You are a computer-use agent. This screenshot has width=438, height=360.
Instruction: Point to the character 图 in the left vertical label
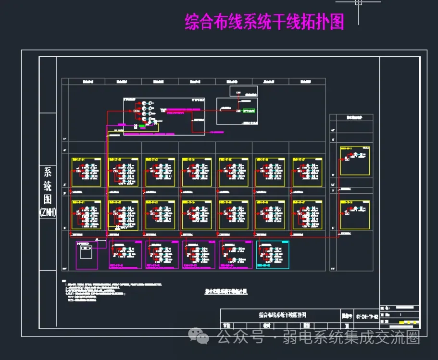(x=48, y=198)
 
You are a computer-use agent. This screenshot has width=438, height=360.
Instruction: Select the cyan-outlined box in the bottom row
(x=273, y=255)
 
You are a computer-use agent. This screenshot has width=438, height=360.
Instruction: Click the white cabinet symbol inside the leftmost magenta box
(x=87, y=251)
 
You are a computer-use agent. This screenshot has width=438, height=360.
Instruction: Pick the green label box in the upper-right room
(x=249, y=111)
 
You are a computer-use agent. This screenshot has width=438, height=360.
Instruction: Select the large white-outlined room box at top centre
(x=164, y=117)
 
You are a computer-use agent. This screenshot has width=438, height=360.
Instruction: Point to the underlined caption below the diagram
(x=225, y=291)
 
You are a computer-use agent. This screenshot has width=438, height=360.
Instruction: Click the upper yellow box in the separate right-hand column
(x=355, y=161)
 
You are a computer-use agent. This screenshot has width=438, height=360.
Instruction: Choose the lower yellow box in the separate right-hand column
(x=355, y=215)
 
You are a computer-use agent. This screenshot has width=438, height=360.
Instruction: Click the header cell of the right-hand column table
(x=351, y=117)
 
